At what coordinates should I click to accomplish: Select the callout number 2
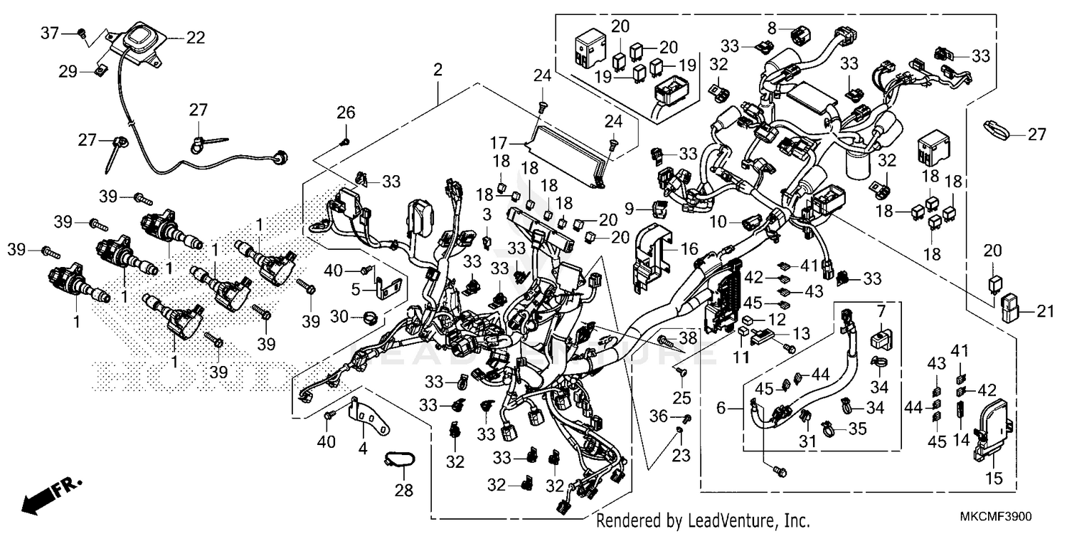[437, 70]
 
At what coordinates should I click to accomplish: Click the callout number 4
[363, 449]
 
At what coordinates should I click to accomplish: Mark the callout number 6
[720, 408]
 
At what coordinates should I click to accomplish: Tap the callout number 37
[48, 33]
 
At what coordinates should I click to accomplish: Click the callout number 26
[345, 112]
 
